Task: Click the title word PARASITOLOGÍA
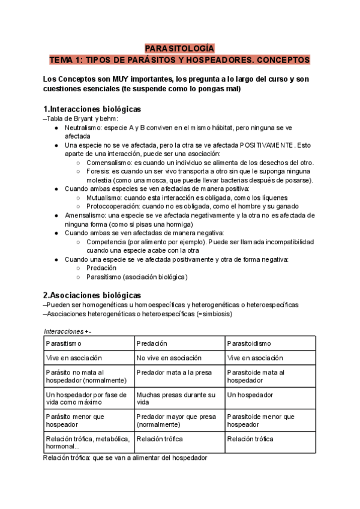point(179,49)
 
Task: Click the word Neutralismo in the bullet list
point(84,128)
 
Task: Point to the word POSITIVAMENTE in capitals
point(267,145)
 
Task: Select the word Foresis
point(98,171)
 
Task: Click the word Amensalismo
point(87,215)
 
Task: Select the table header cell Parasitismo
point(64,343)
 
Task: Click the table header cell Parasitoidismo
point(249,343)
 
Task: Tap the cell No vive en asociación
point(169,358)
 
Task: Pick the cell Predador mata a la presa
point(174,372)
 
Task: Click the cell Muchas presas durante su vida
point(176,399)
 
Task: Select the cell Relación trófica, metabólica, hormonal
point(88,443)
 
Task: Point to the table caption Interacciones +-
point(68,331)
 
